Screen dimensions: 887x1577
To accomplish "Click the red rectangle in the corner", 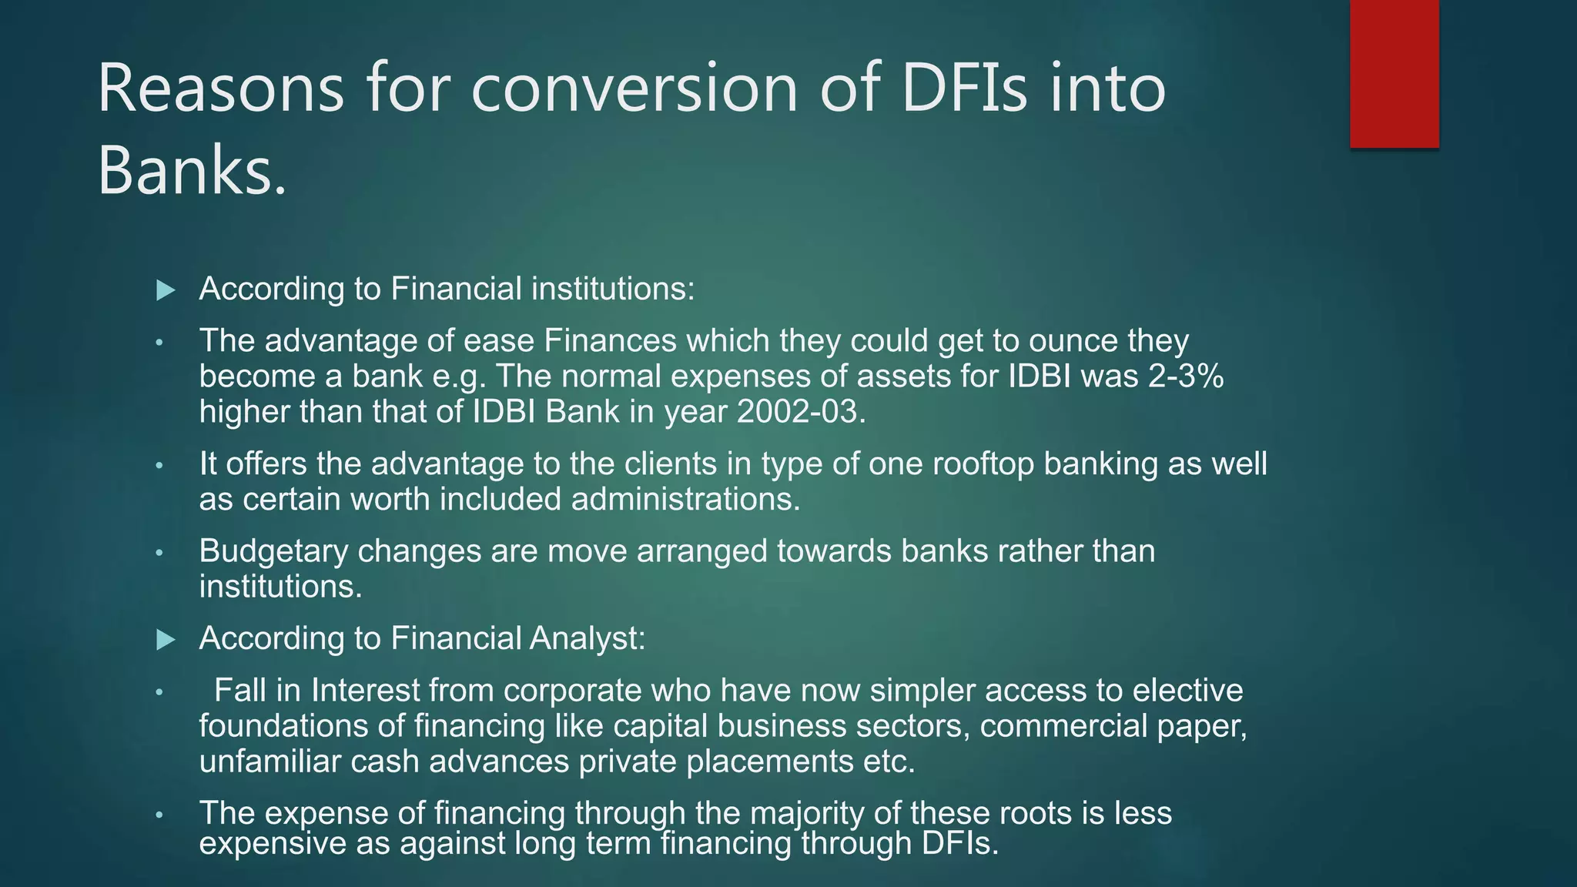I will pos(1394,74).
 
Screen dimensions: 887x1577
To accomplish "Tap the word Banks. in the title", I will pos(193,170).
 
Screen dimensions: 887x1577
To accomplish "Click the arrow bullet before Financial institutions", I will pos(166,290).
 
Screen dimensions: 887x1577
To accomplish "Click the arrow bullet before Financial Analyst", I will pos(166,639).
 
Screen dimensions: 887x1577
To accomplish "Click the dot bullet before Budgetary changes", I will pos(159,553).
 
